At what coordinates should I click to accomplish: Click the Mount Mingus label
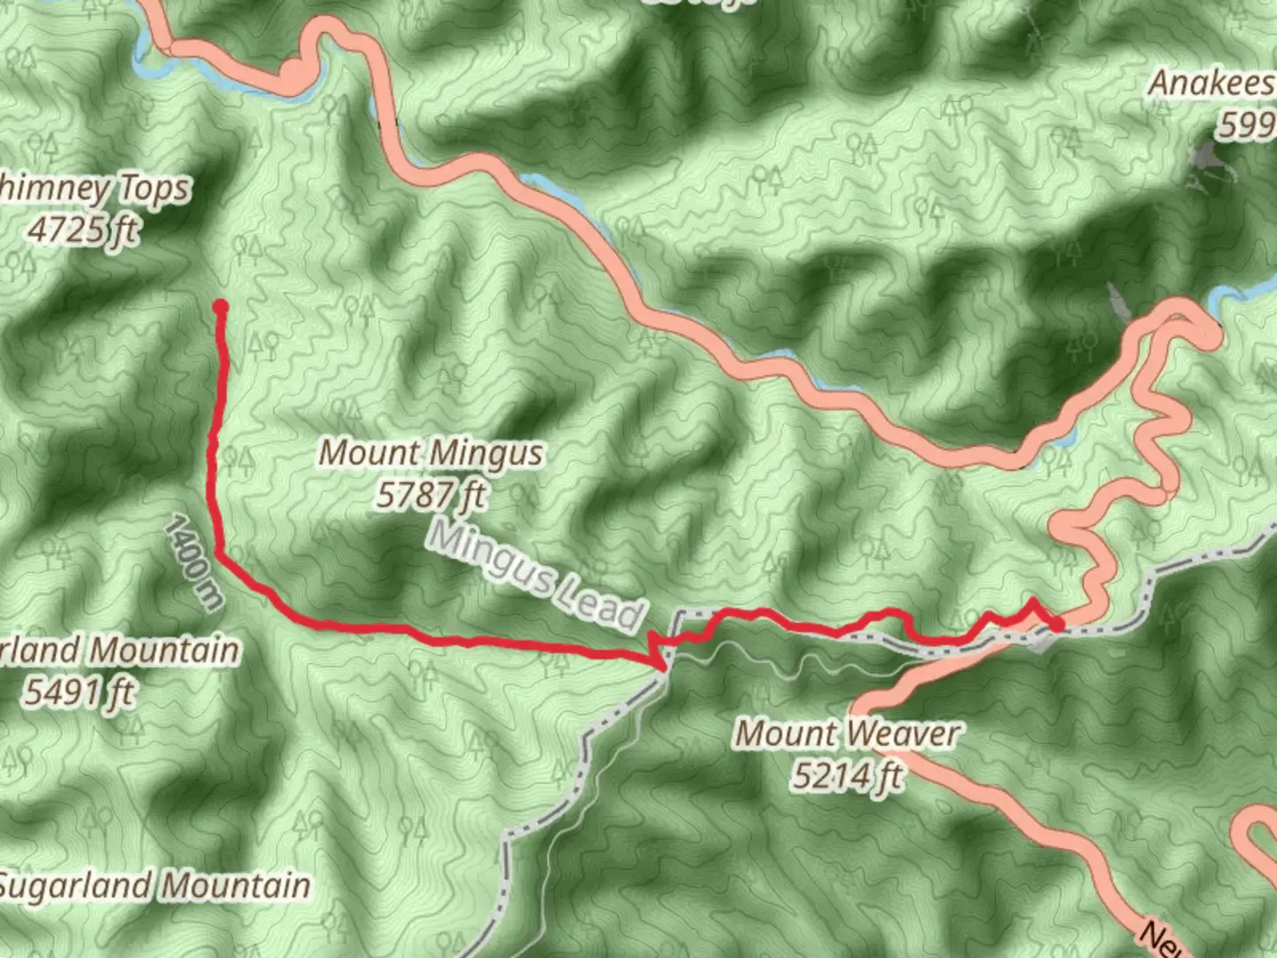(x=431, y=453)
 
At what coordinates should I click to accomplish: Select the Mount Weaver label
(x=848, y=734)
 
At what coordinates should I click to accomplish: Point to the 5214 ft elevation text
(x=847, y=776)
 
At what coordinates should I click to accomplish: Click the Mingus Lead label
(x=535, y=575)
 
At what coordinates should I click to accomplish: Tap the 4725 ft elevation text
(x=83, y=230)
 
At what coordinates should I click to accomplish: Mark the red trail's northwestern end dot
(x=221, y=307)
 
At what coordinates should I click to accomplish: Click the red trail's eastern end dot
(x=1057, y=625)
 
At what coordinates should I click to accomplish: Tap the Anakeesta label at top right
(x=1211, y=84)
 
